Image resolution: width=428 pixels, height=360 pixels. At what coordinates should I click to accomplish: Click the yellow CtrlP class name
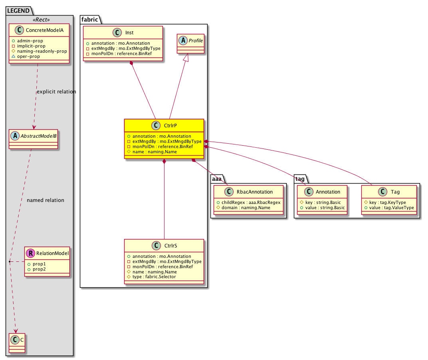click(x=170, y=126)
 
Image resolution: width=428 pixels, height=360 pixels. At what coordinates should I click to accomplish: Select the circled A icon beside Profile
click(x=183, y=41)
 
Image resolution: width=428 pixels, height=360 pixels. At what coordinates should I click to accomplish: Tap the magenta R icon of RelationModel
click(x=31, y=253)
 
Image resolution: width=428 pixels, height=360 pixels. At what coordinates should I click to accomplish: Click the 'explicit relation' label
click(x=57, y=92)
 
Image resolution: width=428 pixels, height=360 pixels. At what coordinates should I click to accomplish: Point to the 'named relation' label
click(x=46, y=200)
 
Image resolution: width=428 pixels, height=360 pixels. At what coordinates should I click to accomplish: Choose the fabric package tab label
click(x=89, y=20)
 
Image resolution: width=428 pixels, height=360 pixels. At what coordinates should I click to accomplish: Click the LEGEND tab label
click(x=18, y=11)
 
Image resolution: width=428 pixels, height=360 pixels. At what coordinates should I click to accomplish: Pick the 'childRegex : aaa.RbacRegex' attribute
click(x=251, y=202)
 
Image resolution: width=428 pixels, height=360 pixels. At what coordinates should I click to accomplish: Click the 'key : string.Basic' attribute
click(x=323, y=202)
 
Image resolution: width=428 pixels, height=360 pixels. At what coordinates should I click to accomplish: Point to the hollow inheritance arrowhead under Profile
click(x=186, y=57)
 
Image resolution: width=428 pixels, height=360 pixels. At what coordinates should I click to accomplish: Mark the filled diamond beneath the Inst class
click(x=132, y=63)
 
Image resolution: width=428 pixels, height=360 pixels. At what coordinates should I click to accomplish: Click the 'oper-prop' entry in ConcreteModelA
click(x=28, y=57)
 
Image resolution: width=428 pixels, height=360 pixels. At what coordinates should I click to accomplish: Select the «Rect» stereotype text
click(x=41, y=20)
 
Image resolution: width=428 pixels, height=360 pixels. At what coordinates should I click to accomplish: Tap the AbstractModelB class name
click(x=38, y=136)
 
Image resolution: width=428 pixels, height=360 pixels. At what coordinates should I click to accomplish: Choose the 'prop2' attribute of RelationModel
click(x=39, y=269)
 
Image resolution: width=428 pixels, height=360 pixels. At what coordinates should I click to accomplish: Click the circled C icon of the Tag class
click(x=382, y=192)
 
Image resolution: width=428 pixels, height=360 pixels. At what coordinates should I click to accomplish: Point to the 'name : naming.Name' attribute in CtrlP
click(x=155, y=152)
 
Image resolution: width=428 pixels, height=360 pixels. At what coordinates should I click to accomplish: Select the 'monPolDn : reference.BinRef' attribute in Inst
click(x=121, y=53)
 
